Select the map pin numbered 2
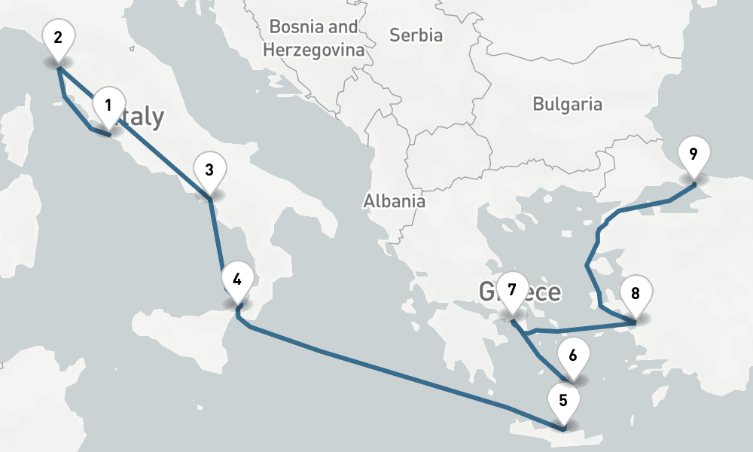(x=59, y=38)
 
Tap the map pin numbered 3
(x=209, y=170)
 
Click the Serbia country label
(x=416, y=35)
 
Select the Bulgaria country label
(x=567, y=104)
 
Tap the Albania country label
(x=394, y=201)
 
